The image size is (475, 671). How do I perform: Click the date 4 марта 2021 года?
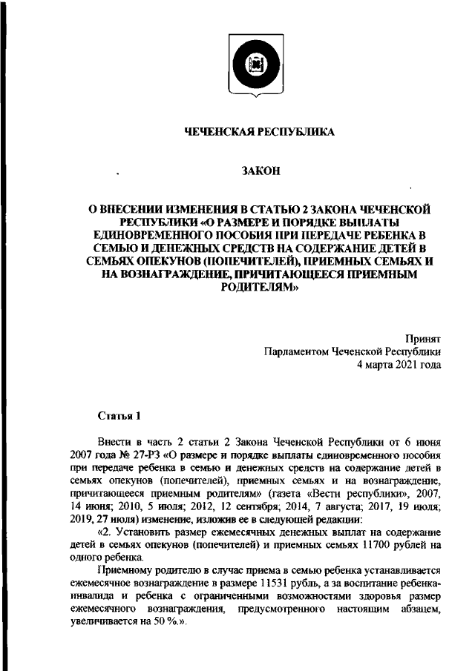point(399,365)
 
